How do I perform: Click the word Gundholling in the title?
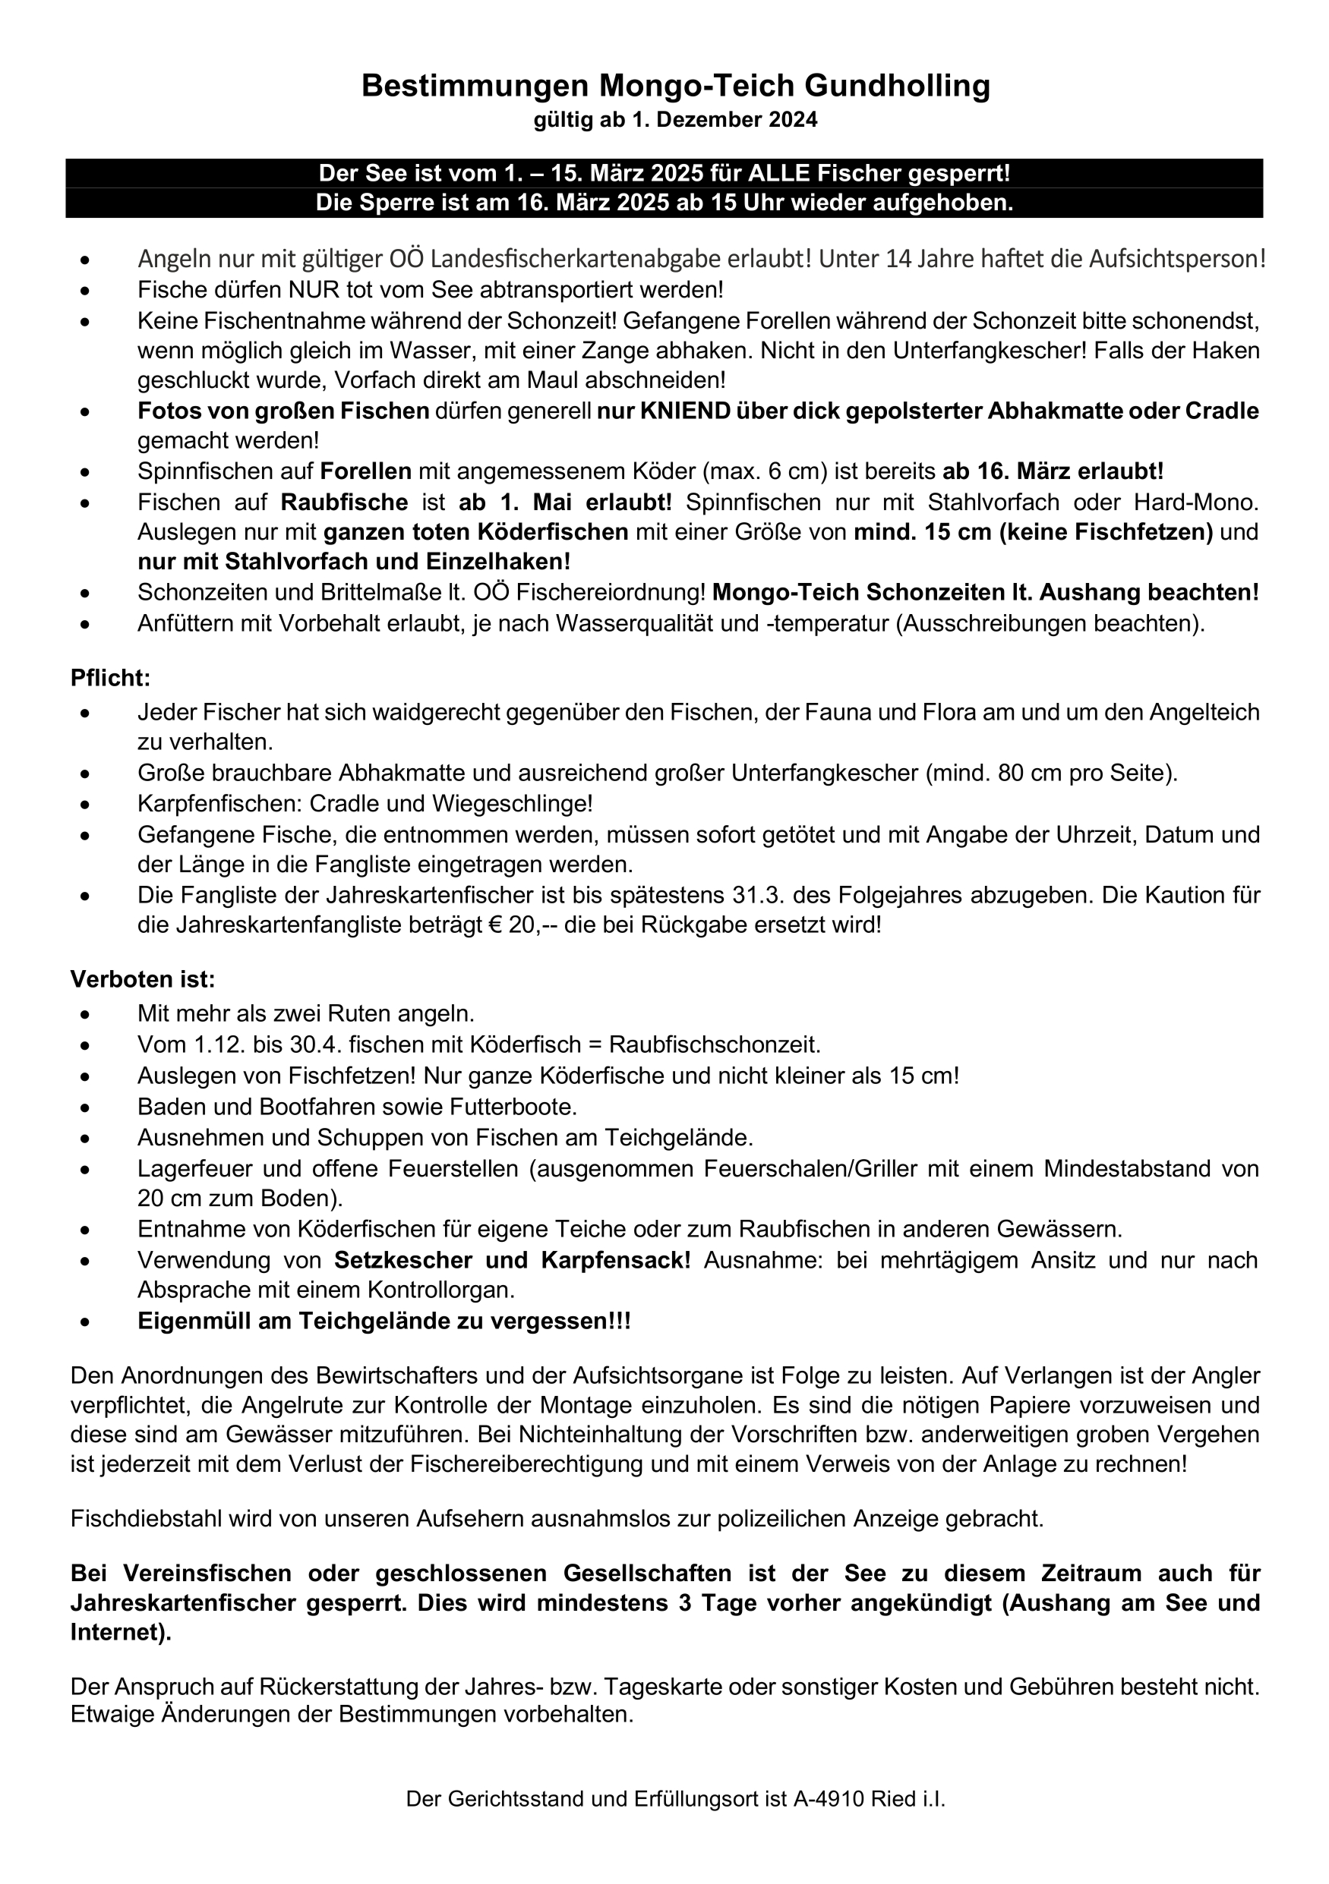[x=897, y=85]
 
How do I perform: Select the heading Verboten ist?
[x=142, y=979]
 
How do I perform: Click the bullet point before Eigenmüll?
[x=84, y=1322]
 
